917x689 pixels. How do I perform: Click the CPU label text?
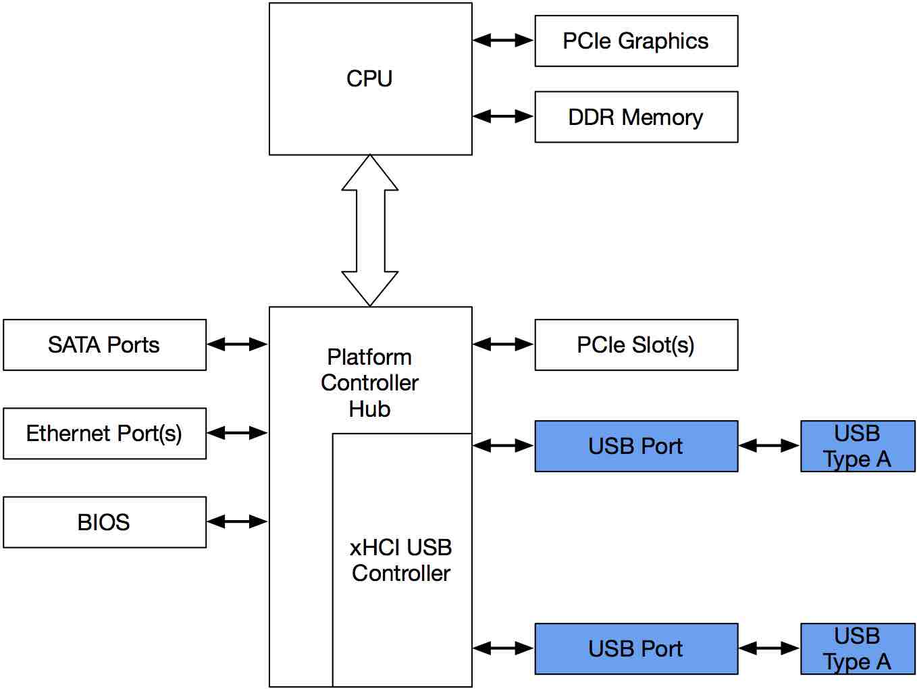point(370,78)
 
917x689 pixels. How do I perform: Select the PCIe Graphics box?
point(636,41)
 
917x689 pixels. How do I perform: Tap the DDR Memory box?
point(636,117)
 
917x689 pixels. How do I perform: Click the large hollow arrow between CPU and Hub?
point(370,230)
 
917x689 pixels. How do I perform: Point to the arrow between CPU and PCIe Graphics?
point(504,41)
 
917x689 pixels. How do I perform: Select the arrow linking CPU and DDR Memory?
point(504,117)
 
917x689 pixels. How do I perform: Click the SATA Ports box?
point(105,344)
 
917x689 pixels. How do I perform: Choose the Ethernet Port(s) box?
point(105,433)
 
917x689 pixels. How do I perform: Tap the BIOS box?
point(105,522)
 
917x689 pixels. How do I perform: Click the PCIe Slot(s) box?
point(636,344)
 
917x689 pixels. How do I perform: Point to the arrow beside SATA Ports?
point(237,344)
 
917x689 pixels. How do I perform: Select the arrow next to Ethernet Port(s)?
point(237,433)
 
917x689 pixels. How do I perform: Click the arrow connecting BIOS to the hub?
point(237,521)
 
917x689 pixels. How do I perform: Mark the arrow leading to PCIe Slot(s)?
point(504,344)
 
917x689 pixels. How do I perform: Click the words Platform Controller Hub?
point(370,383)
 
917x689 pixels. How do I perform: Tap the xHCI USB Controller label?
point(401,560)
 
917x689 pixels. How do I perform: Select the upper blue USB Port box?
point(636,446)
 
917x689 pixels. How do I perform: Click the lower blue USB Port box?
point(636,649)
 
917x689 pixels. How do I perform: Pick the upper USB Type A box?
point(858,446)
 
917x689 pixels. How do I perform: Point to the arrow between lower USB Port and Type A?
point(769,648)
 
